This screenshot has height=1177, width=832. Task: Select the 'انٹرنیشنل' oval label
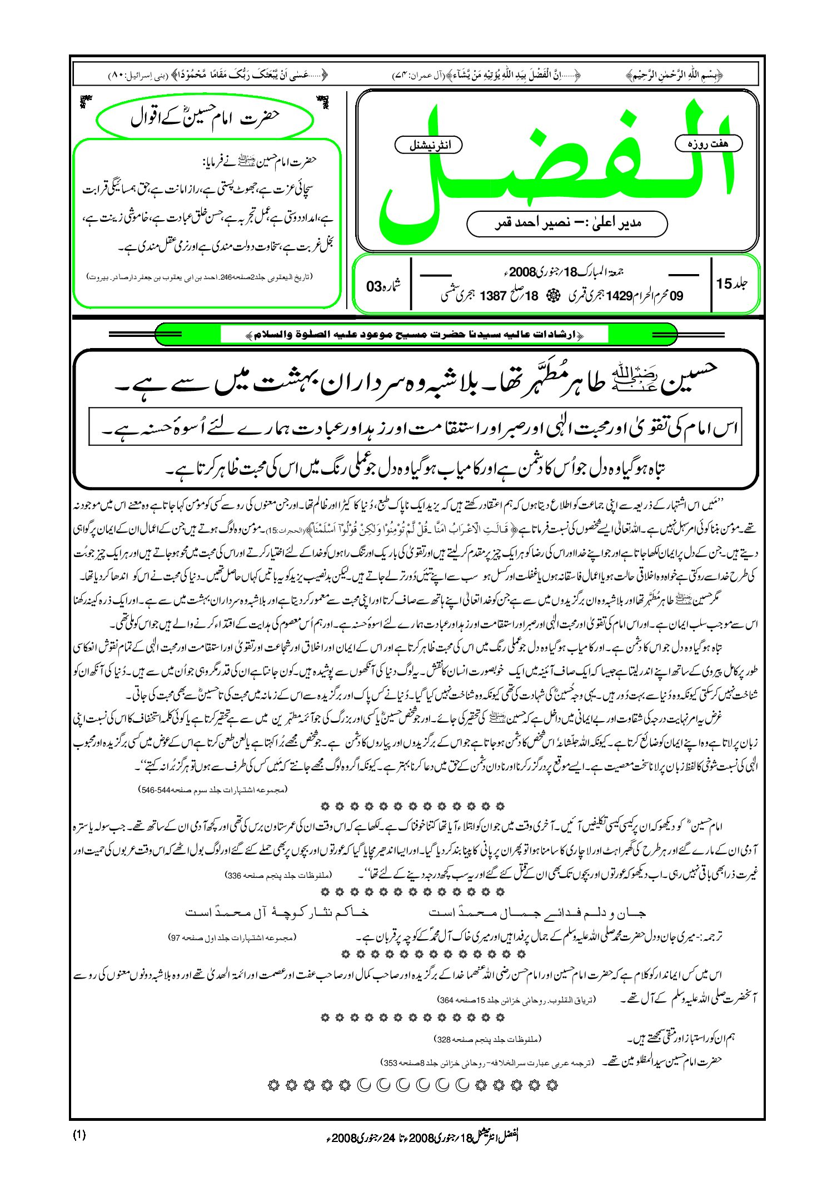coord(428,146)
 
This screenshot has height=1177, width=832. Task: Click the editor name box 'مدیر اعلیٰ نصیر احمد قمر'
coord(567,224)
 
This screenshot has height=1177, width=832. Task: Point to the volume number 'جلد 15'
coord(733,284)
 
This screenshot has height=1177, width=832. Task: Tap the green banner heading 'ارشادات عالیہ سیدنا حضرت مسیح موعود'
coord(415,335)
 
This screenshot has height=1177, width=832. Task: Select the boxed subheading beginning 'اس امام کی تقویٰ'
coord(415,428)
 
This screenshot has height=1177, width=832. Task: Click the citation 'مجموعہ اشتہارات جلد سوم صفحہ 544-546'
coord(213,789)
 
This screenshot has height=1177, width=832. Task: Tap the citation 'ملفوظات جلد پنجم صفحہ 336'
coord(278,875)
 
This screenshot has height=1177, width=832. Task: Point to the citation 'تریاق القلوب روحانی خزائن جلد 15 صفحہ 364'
coord(517,999)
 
